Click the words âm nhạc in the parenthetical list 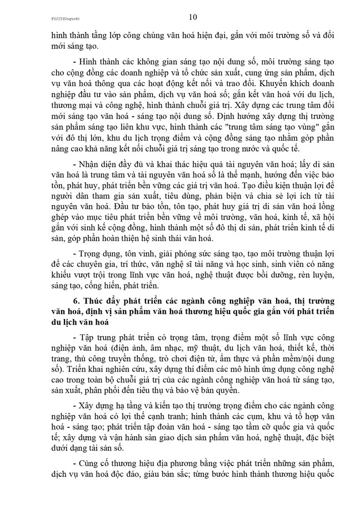(148, 351)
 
